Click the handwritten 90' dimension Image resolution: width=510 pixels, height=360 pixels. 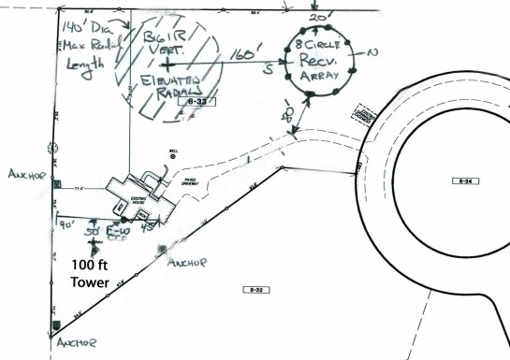[x=66, y=225]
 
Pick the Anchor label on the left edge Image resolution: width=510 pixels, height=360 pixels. [x=26, y=174]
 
